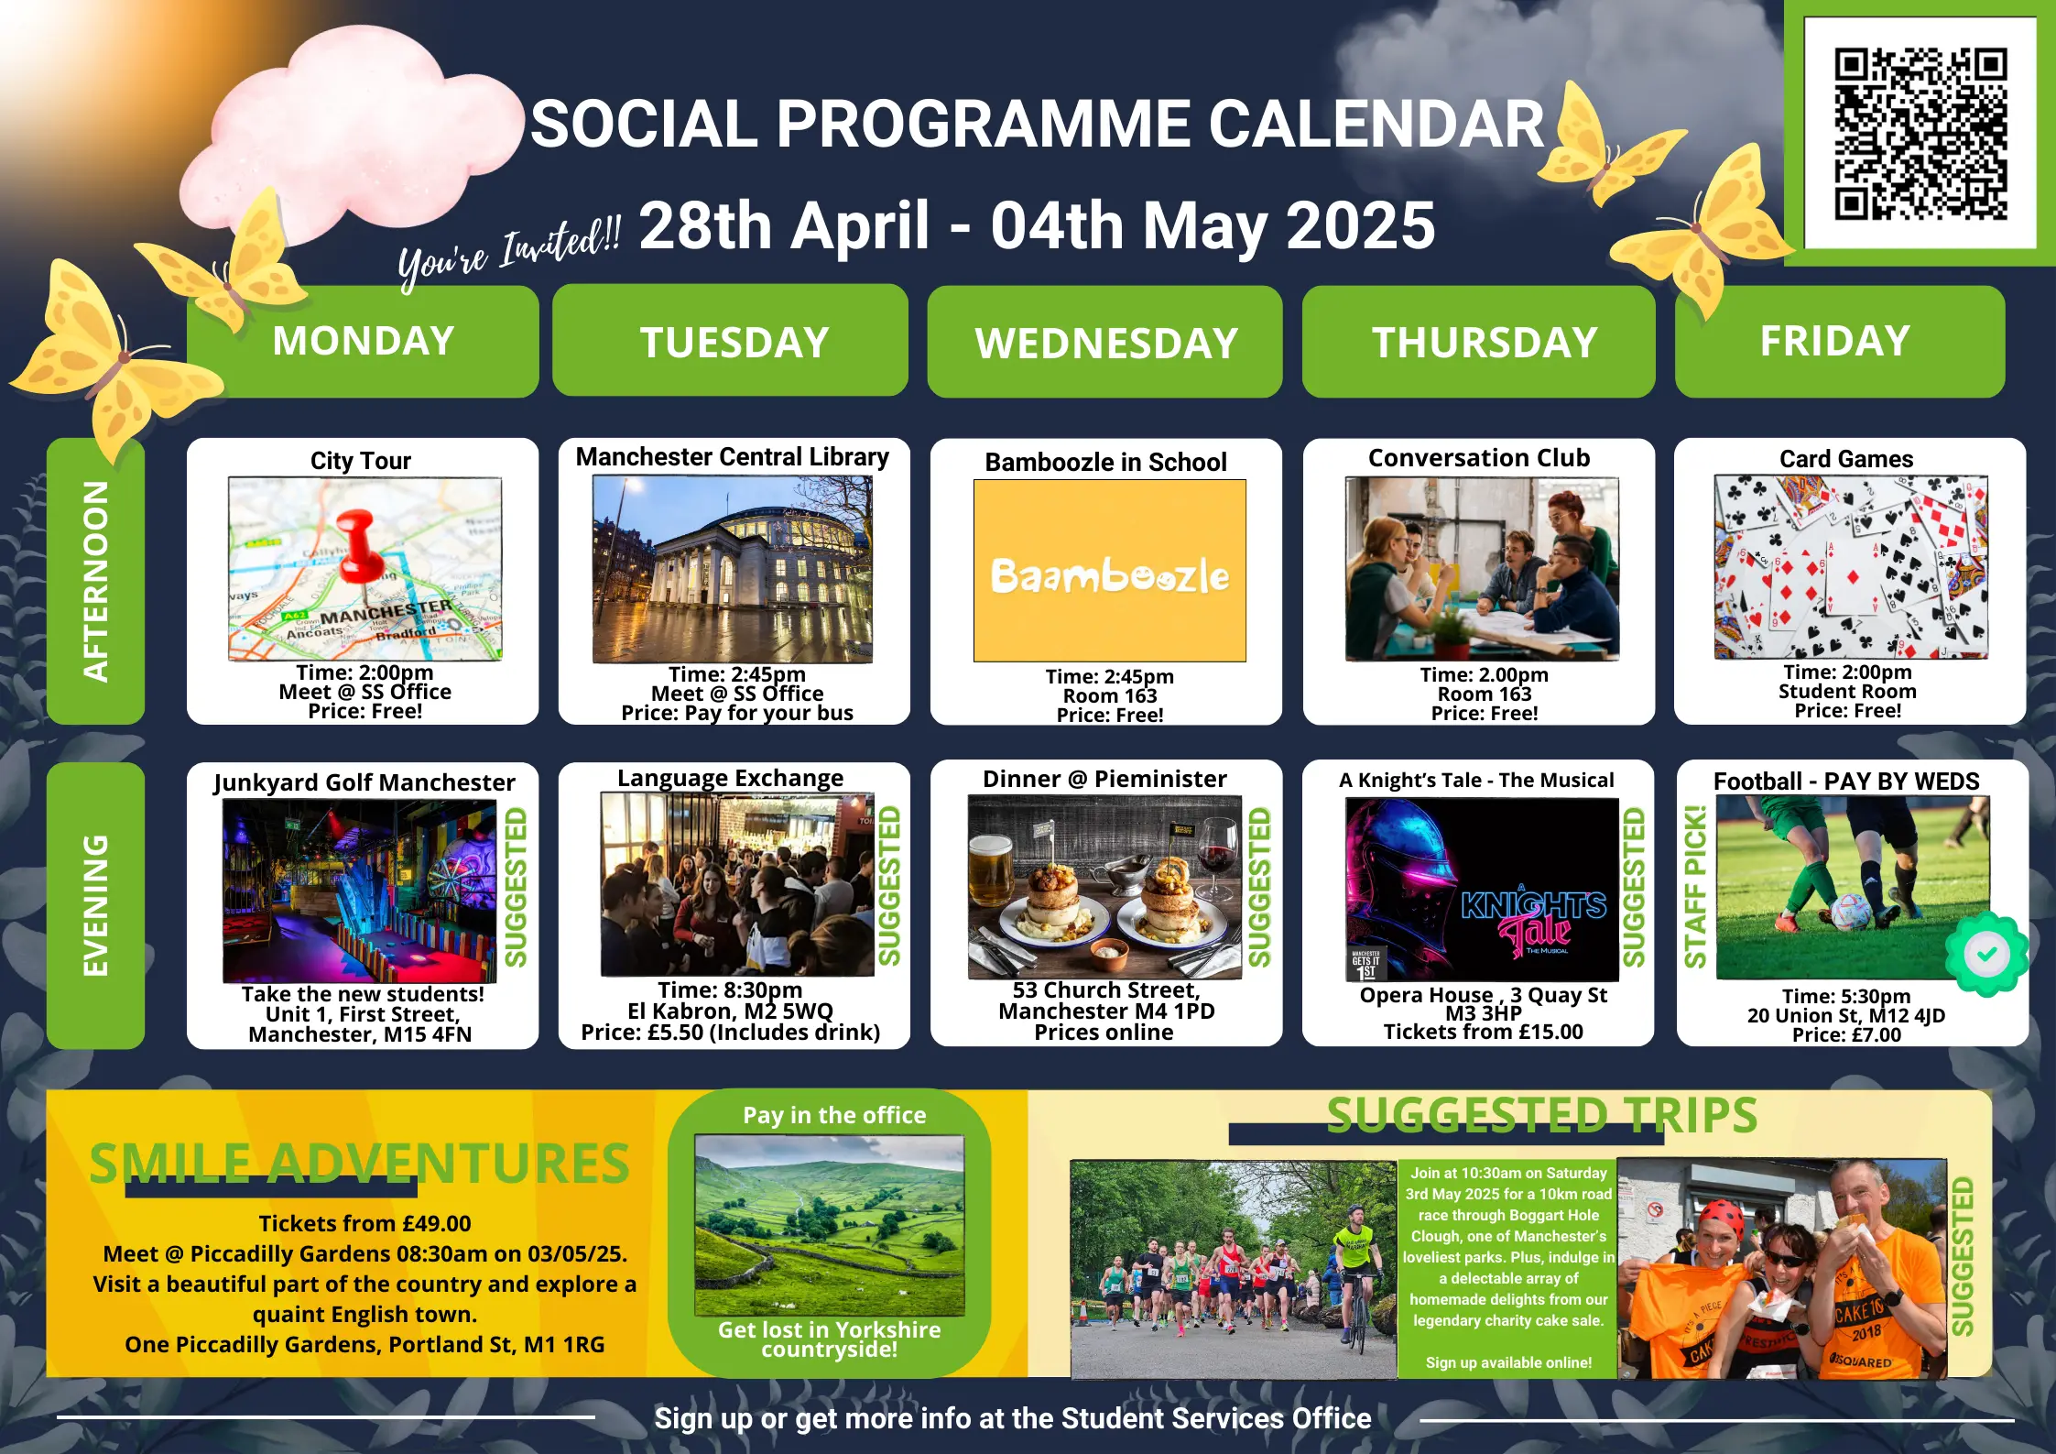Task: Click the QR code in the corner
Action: pos(1920,134)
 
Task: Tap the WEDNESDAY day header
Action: pos(1105,343)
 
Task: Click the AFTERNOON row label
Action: pos(96,581)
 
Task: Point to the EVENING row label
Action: pos(96,905)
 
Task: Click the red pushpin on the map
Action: pos(357,546)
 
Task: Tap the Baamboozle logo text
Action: pos(1110,575)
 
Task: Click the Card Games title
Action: pos(1846,459)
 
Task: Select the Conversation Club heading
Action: pos(1479,458)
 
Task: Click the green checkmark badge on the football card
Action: pos(1985,955)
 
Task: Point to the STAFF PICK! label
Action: pos(1695,886)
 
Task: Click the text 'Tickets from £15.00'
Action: pos(1483,1032)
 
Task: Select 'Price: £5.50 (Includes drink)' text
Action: pos(731,1033)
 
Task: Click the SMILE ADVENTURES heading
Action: pos(359,1164)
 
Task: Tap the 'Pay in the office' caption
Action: pos(834,1115)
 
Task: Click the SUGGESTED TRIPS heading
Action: pos(1542,1115)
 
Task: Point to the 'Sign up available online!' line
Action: pos(1508,1362)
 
